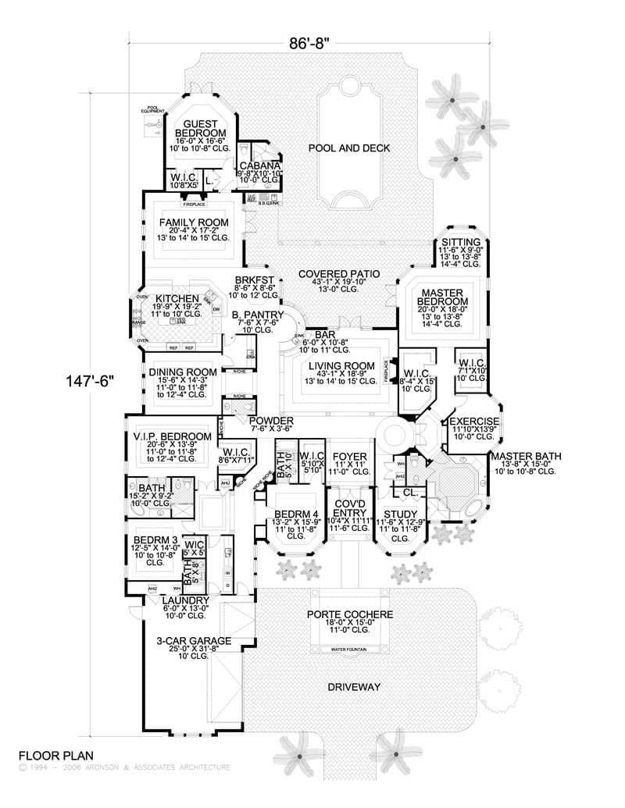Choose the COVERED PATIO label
339,274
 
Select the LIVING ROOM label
337,365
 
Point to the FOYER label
345,457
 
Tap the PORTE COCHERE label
349,614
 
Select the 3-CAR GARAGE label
193,641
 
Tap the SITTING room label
455,242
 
